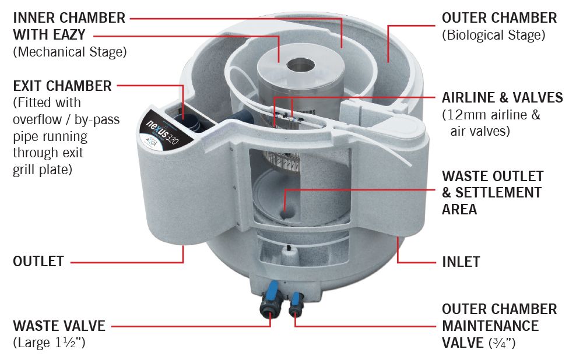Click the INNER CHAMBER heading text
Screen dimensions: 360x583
click(x=69, y=18)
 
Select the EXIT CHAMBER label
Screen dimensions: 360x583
click(x=62, y=86)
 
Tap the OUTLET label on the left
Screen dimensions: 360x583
click(x=38, y=261)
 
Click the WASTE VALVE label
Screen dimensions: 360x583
click(x=59, y=326)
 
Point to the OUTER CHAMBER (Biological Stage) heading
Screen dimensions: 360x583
click(x=499, y=18)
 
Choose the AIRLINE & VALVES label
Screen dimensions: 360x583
click(x=502, y=97)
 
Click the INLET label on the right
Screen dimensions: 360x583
click(x=461, y=262)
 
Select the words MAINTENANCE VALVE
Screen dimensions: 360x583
click(x=490, y=334)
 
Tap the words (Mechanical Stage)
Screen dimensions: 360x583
click(x=69, y=52)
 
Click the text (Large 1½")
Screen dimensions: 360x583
click(x=49, y=343)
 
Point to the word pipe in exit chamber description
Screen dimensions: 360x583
click(x=26, y=137)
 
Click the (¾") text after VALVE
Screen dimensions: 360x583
click(x=502, y=343)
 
